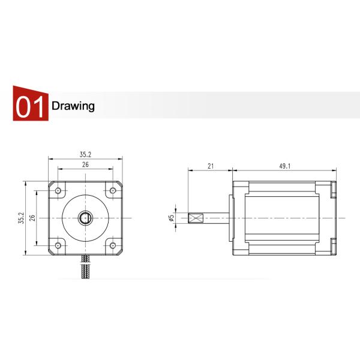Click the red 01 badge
[x=30, y=106]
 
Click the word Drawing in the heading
[x=73, y=107]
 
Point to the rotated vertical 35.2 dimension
[x=20, y=218]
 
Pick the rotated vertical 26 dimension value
[x=32, y=218]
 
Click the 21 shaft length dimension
[x=210, y=166]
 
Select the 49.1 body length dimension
[x=284, y=166]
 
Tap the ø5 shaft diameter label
[x=172, y=218]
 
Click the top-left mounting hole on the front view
[x=58, y=191]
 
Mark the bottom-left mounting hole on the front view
[x=58, y=245]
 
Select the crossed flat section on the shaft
[x=196, y=218]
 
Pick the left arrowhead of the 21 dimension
[x=190, y=170]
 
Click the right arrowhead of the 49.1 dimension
[x=335, y=170]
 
